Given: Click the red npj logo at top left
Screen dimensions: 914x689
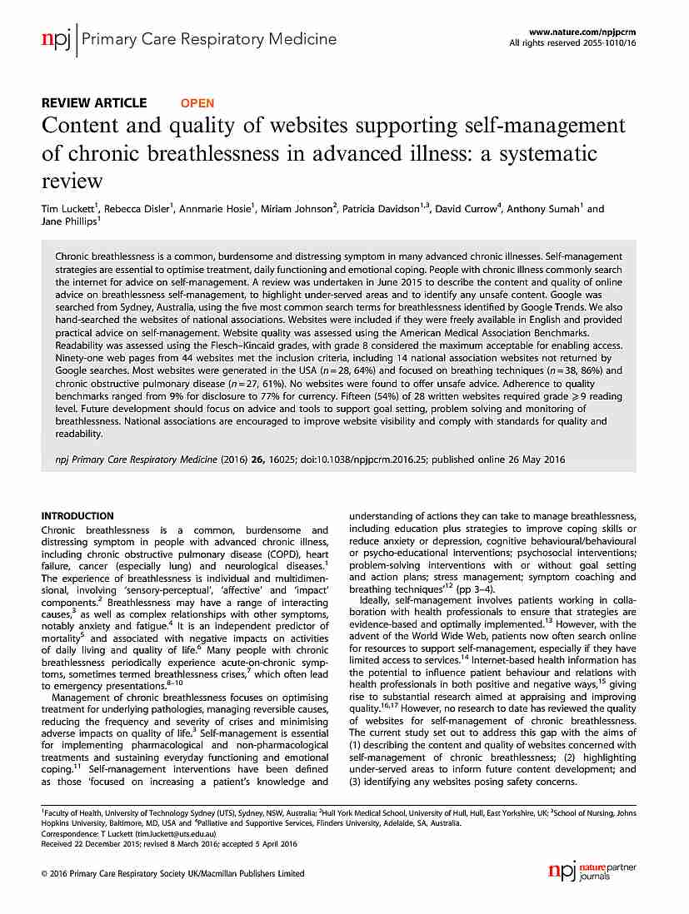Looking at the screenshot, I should (56, 40).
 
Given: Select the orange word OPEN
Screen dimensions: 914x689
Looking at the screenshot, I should (197, 103).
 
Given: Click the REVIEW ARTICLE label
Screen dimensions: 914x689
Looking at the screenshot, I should (94, 103).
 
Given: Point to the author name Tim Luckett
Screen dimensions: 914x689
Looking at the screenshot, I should (69, 209).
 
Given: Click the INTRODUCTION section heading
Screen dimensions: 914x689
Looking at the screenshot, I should (77, 516).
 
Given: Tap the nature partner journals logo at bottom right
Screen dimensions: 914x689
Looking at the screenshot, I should (592, 872).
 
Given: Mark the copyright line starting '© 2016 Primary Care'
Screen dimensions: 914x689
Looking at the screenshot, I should (172, 873).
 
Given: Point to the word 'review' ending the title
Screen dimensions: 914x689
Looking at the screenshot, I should (72, 181).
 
